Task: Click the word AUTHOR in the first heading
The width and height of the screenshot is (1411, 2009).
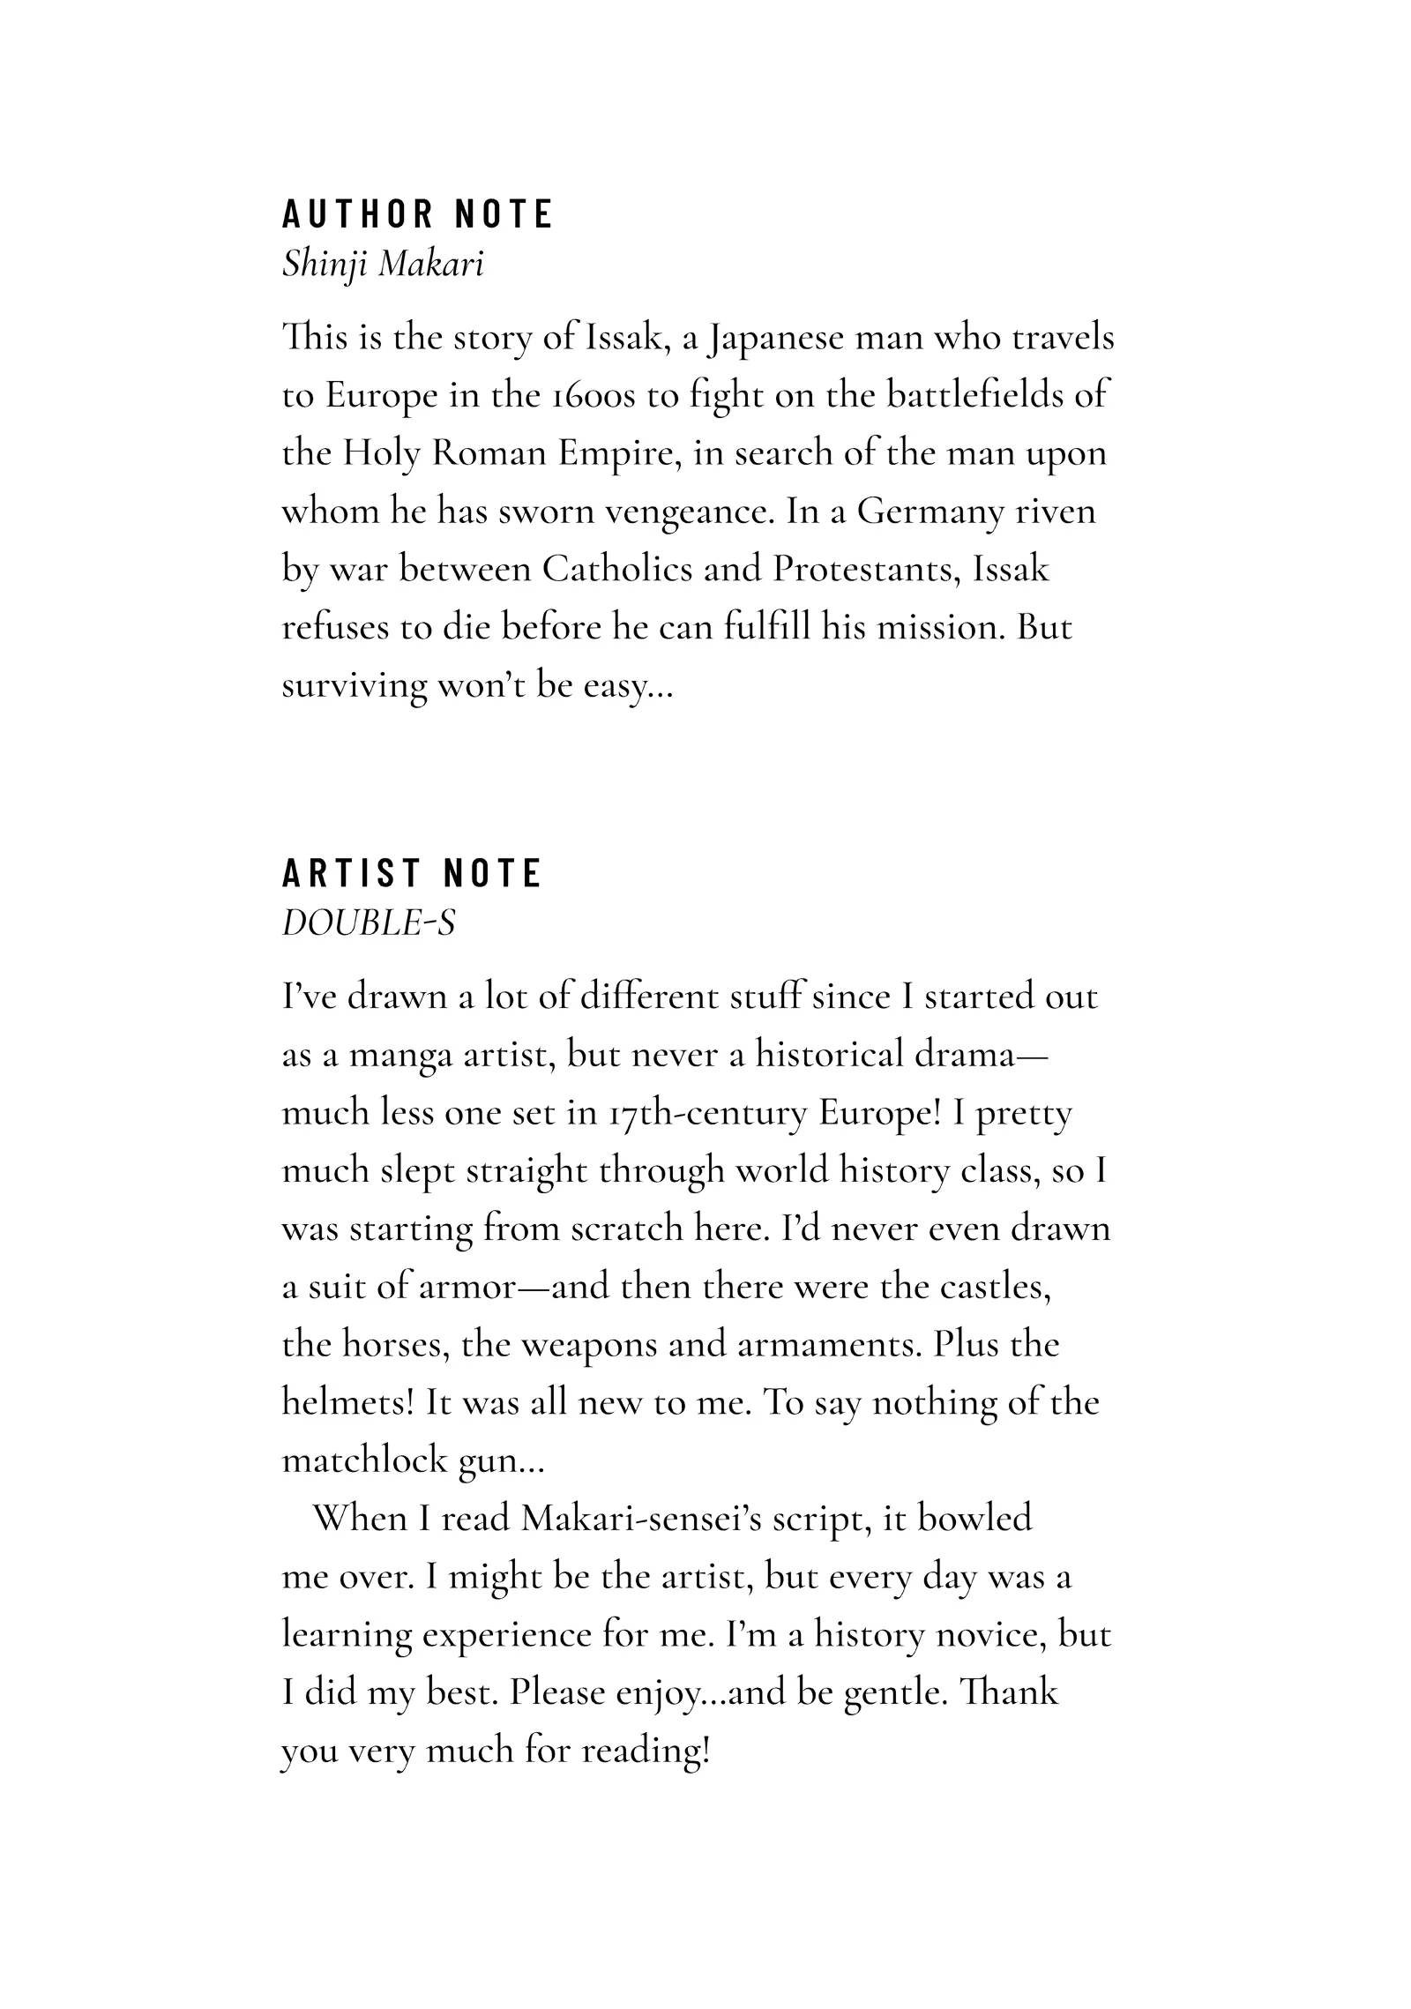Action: coord(357,214)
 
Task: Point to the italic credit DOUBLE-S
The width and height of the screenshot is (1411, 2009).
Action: coord(369,922)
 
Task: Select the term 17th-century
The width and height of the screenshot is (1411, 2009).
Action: coord(707,1113)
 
